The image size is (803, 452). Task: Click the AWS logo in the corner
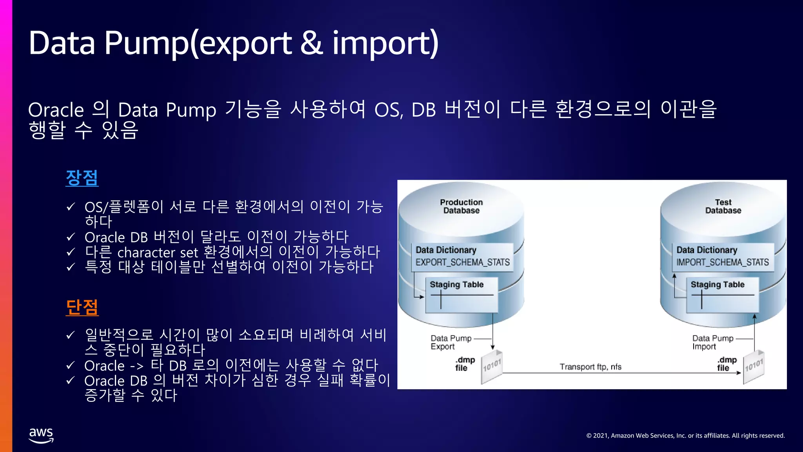tap(41, 435)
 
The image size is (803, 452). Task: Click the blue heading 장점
tap(82, 178)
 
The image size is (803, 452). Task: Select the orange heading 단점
tap(82, 307)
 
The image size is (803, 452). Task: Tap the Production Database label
tap(461, 206)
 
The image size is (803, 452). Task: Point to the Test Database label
tap(723, 206)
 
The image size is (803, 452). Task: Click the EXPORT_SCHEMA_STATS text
tap(462, 262)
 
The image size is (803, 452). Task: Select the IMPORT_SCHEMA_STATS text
tap(722, 262)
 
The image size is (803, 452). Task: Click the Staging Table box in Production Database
tap(461, 295)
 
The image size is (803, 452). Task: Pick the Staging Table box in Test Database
tap(722, 295)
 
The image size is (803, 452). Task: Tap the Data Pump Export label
tap(451, 342)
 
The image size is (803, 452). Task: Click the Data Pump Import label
tap(712, 342)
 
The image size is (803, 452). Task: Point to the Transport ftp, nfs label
tap(590, 367)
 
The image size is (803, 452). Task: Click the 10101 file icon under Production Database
tap(492, 366)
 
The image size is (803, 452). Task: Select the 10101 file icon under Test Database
tap(754, 366)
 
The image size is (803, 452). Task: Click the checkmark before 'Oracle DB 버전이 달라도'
tap(71, 237)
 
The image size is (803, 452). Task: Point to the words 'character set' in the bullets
tap(158, 252)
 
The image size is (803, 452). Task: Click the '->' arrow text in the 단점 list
tap(137, 366)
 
